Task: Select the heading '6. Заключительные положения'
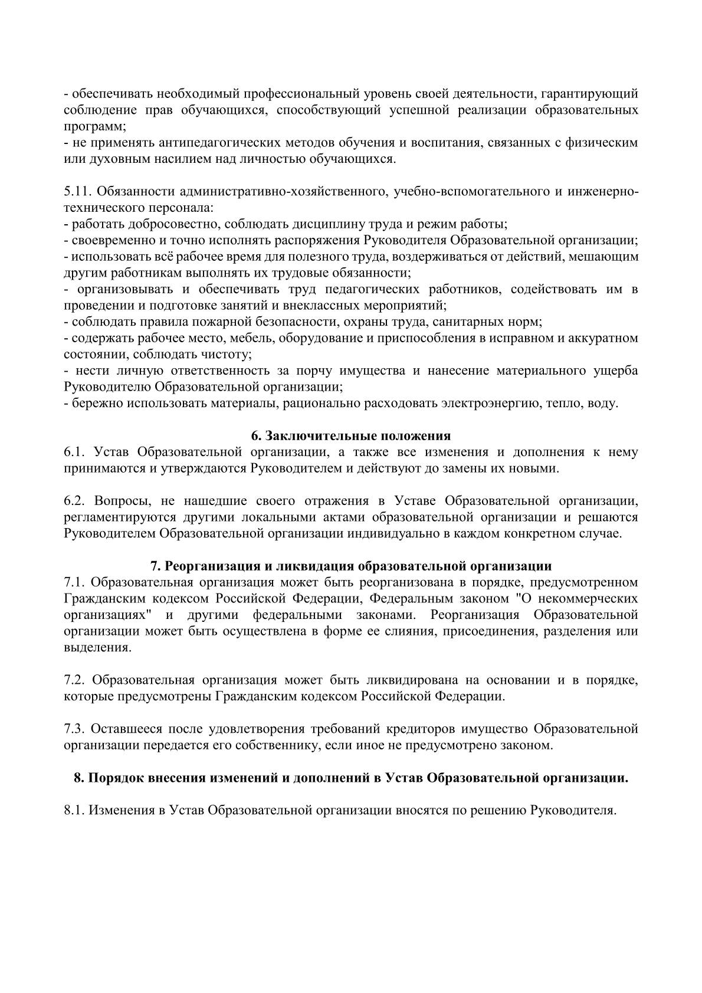350,436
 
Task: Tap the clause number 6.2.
74,502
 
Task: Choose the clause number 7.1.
74,582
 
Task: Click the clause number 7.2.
74,680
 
